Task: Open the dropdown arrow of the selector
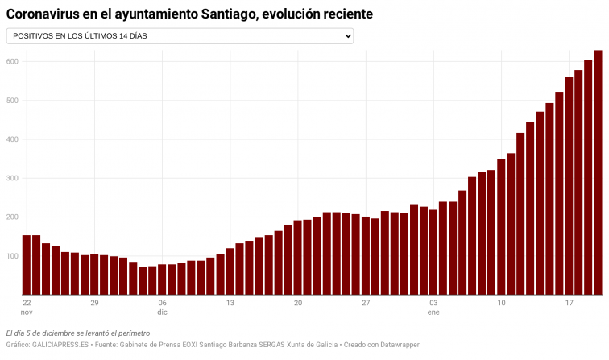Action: pos(348,36)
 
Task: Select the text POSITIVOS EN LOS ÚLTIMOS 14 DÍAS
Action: pos(80,36)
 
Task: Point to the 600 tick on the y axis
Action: pos(12,62)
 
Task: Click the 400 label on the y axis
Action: pos(12,139)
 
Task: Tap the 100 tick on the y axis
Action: pos(12,256)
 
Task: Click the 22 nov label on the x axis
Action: pos(27,307)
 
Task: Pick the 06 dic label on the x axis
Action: pos(162,307)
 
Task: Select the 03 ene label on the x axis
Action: pos(433,307)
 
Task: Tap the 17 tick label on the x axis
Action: pos(569,303)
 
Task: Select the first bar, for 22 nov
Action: pos(27,265)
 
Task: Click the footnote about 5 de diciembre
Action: pos(77,333)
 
